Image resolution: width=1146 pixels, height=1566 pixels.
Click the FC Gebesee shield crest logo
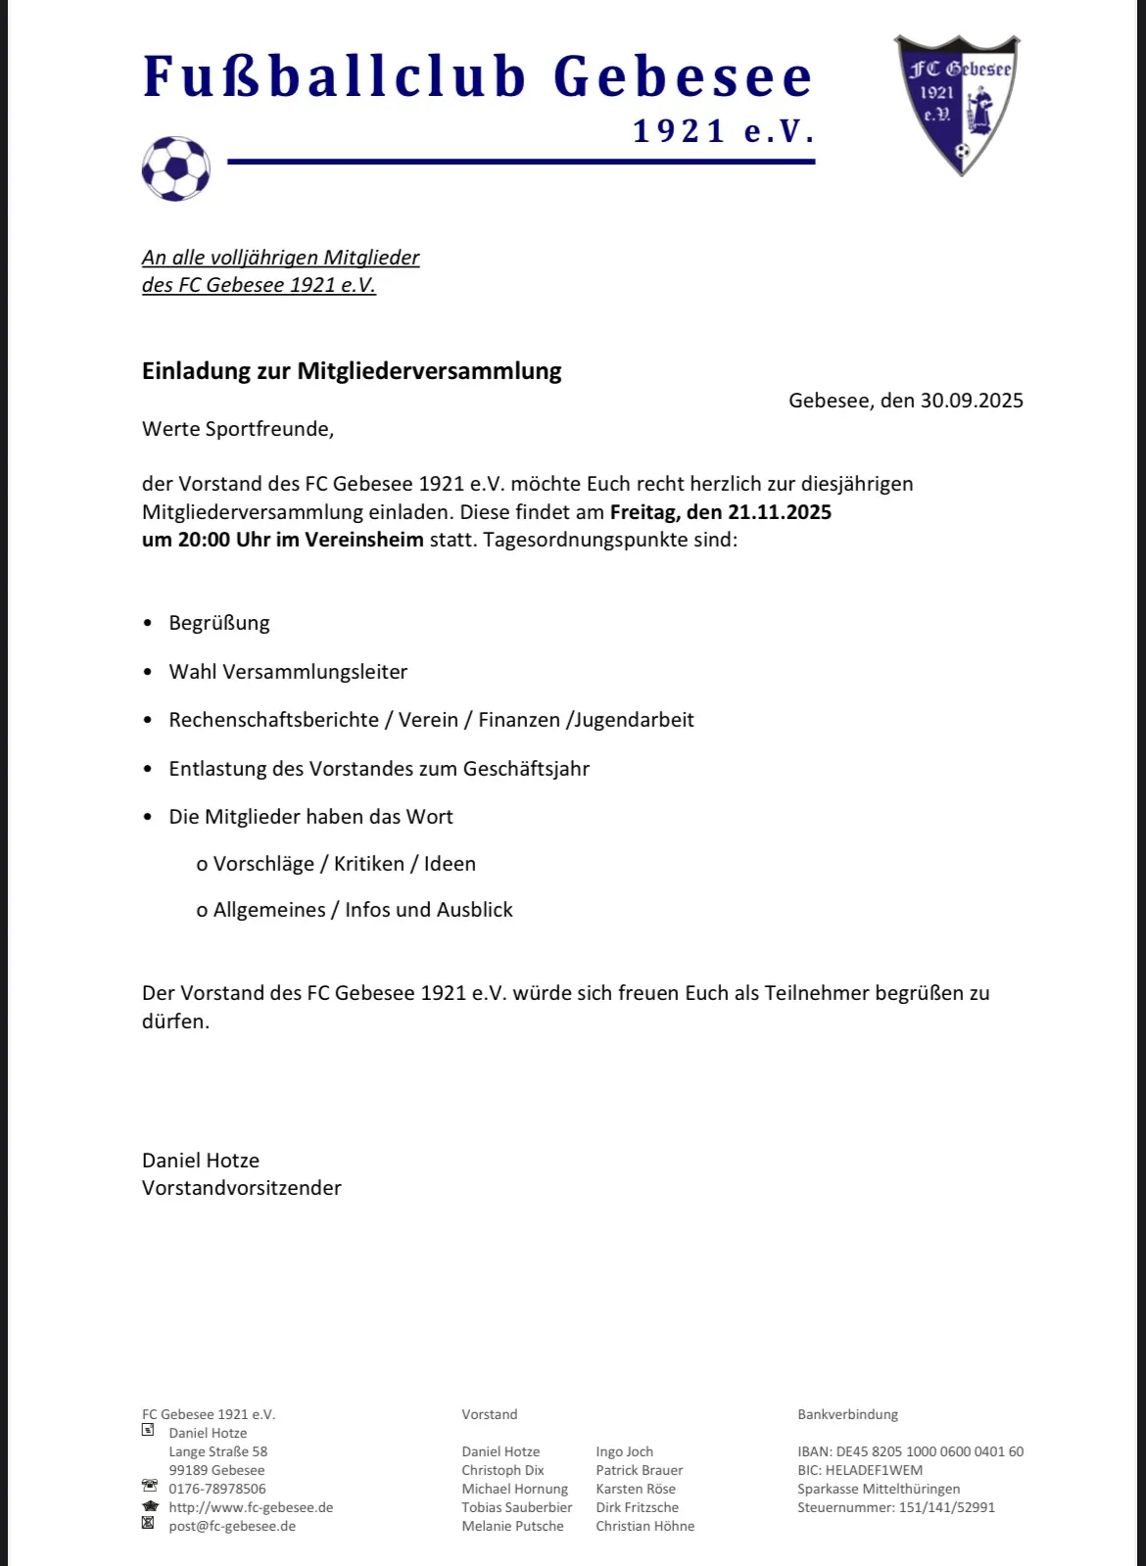click(x=957, y=103)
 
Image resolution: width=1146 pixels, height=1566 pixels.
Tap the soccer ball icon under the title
click(x=176, y=168)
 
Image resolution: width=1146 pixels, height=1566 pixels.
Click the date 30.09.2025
click(x=971, y=401)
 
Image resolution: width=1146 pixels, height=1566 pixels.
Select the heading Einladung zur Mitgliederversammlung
click(x=352, y=371)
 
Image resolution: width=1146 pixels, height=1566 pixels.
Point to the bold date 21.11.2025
click(x=780, y=512)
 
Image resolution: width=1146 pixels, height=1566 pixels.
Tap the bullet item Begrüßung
click(x=219, y=624)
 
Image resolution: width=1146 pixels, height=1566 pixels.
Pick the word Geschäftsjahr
click(x=526, y=769)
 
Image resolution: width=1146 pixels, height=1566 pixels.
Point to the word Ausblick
click(x=474, y=910)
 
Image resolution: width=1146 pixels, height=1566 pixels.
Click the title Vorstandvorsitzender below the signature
click(x=242, y=1188)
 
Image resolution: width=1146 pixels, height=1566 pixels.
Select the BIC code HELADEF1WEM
click(x=874, y=1470)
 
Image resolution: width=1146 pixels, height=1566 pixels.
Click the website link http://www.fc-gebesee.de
click(x=251, y=1507)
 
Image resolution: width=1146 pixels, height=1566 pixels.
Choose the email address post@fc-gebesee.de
click(x=232, y=1526)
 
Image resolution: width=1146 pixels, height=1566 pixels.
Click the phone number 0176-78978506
click(x=217, y=1489)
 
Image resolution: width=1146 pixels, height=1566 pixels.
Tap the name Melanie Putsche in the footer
click(x=512, y=1526)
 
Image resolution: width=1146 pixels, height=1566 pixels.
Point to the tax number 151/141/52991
click(x=946, y=1507)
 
